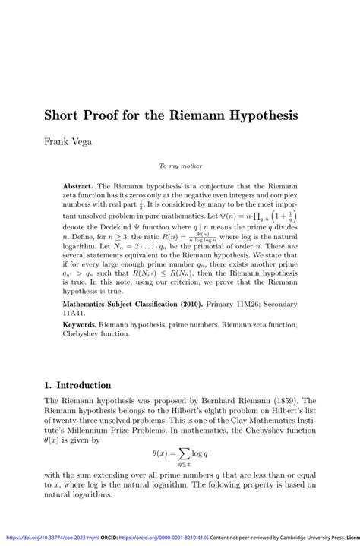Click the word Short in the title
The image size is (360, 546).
point(64,117)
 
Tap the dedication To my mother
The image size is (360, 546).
point(180,165)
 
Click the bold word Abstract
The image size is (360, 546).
point(79,185)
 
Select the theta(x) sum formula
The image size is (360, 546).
point(180,456)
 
